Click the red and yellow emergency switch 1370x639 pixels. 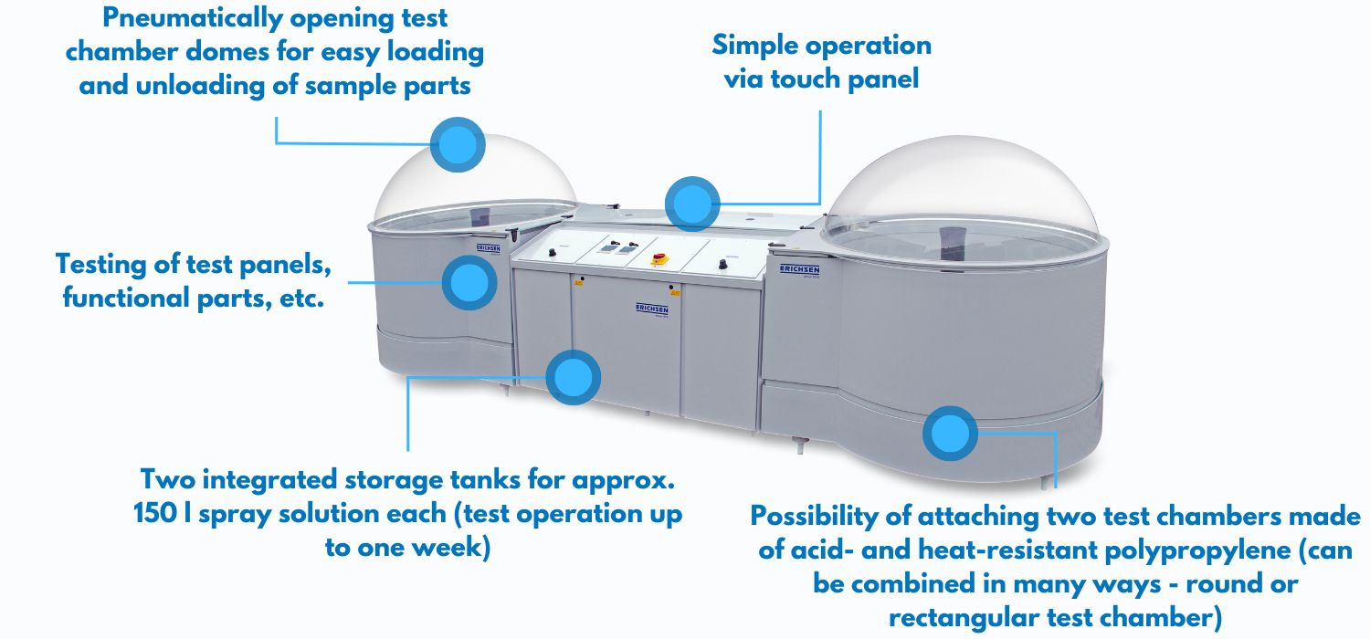(659, 259)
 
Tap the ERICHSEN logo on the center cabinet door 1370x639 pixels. (652, 309)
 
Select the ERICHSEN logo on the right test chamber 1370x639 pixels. (799, 269)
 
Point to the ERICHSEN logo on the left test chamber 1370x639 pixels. (488, 247)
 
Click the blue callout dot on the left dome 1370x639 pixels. (458, 144)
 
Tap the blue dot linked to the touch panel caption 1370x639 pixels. (692, 204)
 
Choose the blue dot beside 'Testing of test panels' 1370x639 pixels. (469, 282)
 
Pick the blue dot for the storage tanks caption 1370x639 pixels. (573, 377)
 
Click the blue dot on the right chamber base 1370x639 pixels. (950, 433)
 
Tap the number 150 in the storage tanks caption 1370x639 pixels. (156, 513)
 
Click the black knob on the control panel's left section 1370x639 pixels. (553, 252)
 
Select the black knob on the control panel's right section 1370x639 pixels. (722, 264)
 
